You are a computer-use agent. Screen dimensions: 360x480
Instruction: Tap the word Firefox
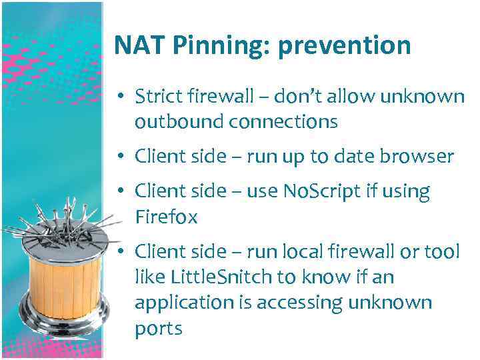coord(166,217)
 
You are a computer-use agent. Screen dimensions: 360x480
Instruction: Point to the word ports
coord(158,328)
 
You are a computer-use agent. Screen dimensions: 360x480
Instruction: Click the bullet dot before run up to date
coord(123,157)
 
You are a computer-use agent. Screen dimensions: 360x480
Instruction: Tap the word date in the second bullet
coord(350,157)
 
